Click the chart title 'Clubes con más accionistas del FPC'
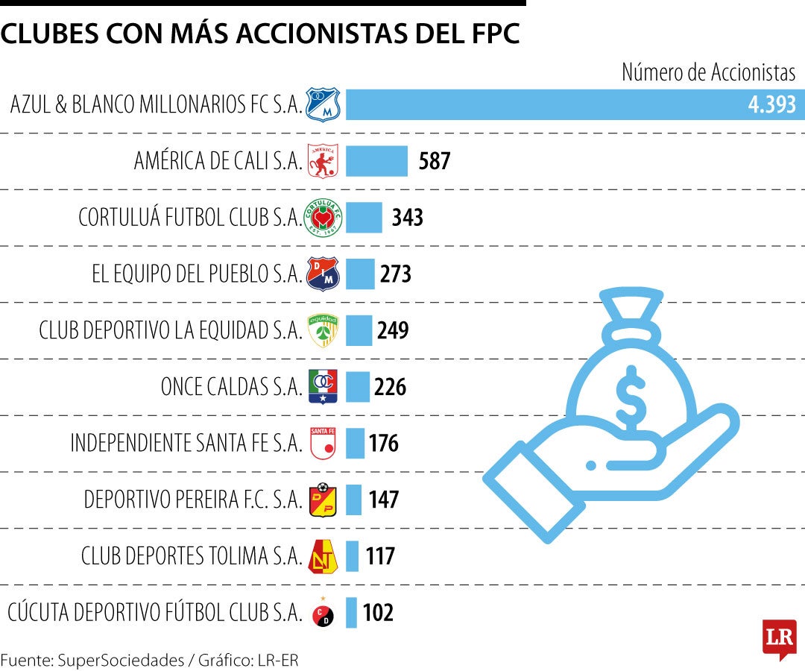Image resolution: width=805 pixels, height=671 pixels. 260,35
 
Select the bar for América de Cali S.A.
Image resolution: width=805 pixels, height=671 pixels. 376,160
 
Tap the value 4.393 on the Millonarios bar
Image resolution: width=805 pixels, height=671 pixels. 771,105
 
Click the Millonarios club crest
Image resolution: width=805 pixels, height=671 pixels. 323,104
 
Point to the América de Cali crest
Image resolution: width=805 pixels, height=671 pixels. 323,160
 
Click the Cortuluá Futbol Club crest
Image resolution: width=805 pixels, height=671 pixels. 323,218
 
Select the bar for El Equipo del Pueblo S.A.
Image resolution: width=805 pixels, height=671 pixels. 360,274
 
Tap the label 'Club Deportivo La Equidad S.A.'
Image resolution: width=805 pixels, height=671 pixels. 171,330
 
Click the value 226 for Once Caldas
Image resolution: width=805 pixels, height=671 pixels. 391,388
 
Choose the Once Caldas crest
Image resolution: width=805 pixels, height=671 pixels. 323,387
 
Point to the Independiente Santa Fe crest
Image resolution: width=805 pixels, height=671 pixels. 323,444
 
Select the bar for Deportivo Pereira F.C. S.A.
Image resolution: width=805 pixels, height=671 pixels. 354,500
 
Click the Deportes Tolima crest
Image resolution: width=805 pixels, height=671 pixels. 323,556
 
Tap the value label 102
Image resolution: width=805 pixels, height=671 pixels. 378,613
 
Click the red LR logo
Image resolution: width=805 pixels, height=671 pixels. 778,638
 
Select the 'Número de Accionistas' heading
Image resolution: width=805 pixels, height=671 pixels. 708,72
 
